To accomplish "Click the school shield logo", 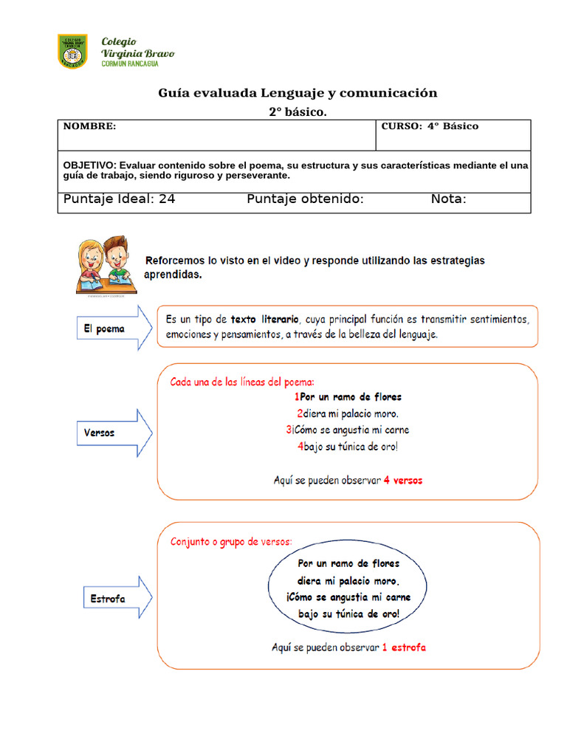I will point(72,52).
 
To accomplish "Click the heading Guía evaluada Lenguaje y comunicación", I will point(298,93).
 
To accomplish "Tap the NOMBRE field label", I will point(89,126).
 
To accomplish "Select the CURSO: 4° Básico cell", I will point(430,126).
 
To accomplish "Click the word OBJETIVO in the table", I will point(89,165).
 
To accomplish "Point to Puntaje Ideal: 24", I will point(120,199).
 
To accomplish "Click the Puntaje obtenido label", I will point(305,199).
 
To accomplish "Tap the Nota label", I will point(448,199).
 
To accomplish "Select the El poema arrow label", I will point(104,329).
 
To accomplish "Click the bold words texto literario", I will point(265,320).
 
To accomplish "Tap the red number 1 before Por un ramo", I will point(296,397).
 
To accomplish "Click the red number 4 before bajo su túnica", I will point(300,446).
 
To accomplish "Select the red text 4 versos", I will point(403,480).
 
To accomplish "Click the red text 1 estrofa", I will point(404,647).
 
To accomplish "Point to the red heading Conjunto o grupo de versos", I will point(231,541).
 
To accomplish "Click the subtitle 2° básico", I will point(297,111).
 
